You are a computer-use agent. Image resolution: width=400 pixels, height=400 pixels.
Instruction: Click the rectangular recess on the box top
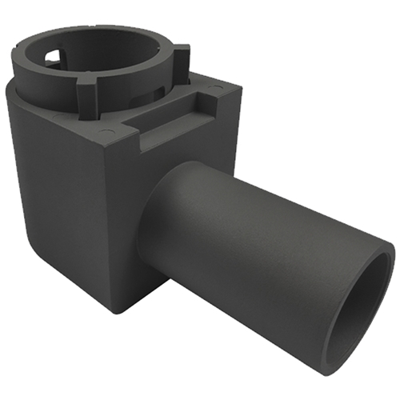pos(172,120)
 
